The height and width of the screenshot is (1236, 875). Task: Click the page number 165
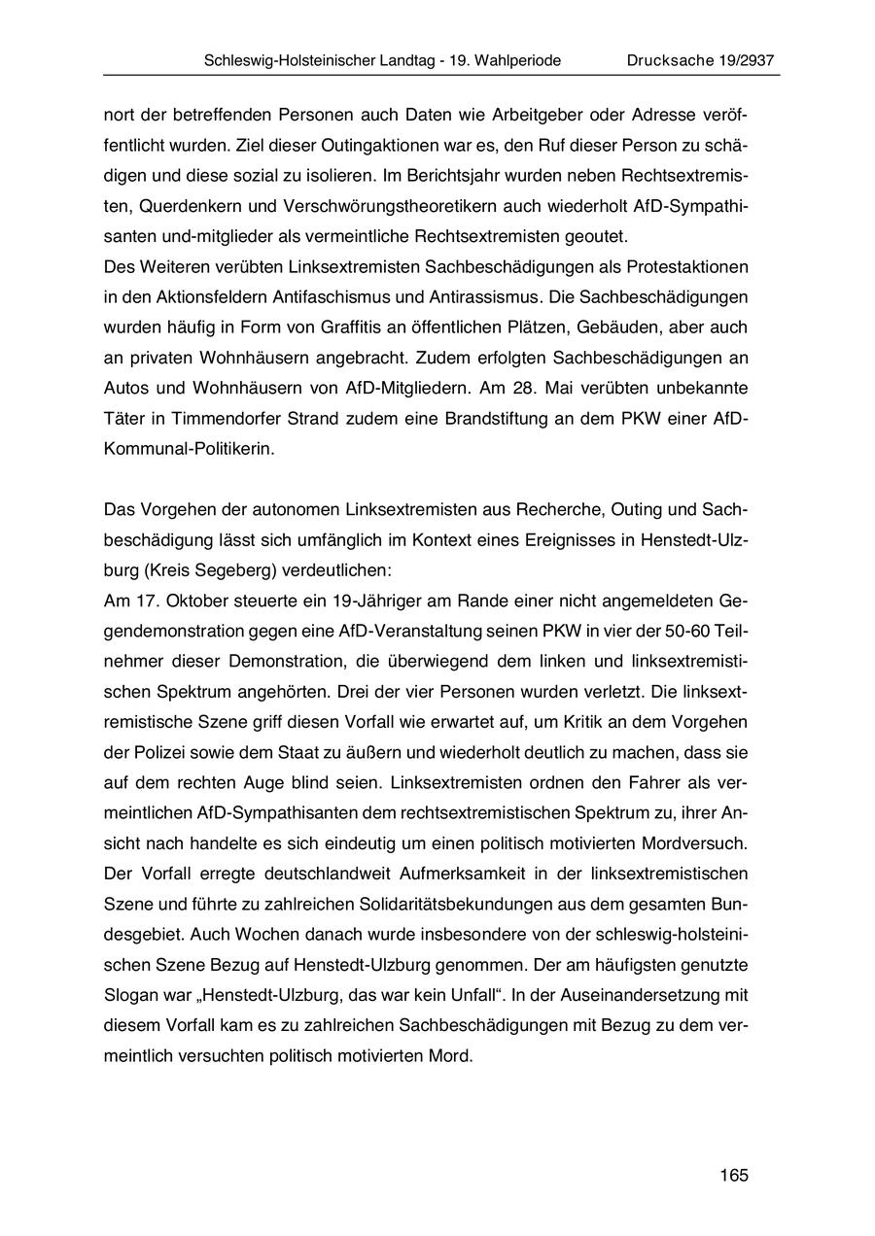click(x=734, y=1176)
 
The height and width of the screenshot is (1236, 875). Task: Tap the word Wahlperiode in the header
click(x=514, y=60)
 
